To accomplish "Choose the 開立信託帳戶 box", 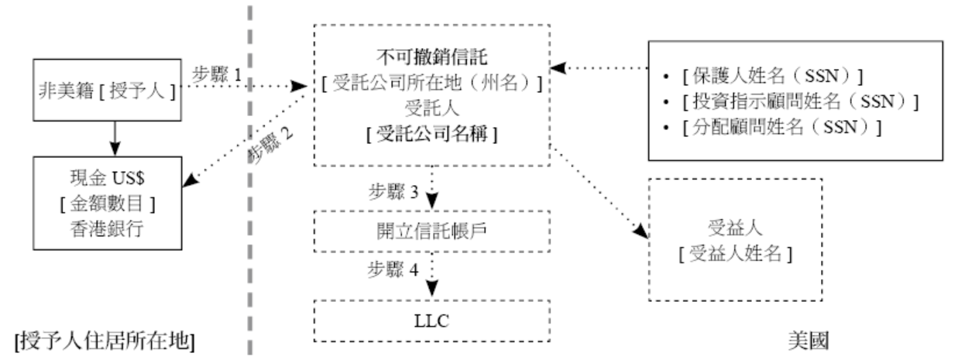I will pyautogui.click(x=431, y=231).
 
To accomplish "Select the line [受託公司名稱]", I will pyautogui.click(x=431, y=133).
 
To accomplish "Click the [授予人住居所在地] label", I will pyautogui.click(x=103, y=340).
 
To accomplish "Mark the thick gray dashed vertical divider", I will pyautogui.click(x=250, y=232).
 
